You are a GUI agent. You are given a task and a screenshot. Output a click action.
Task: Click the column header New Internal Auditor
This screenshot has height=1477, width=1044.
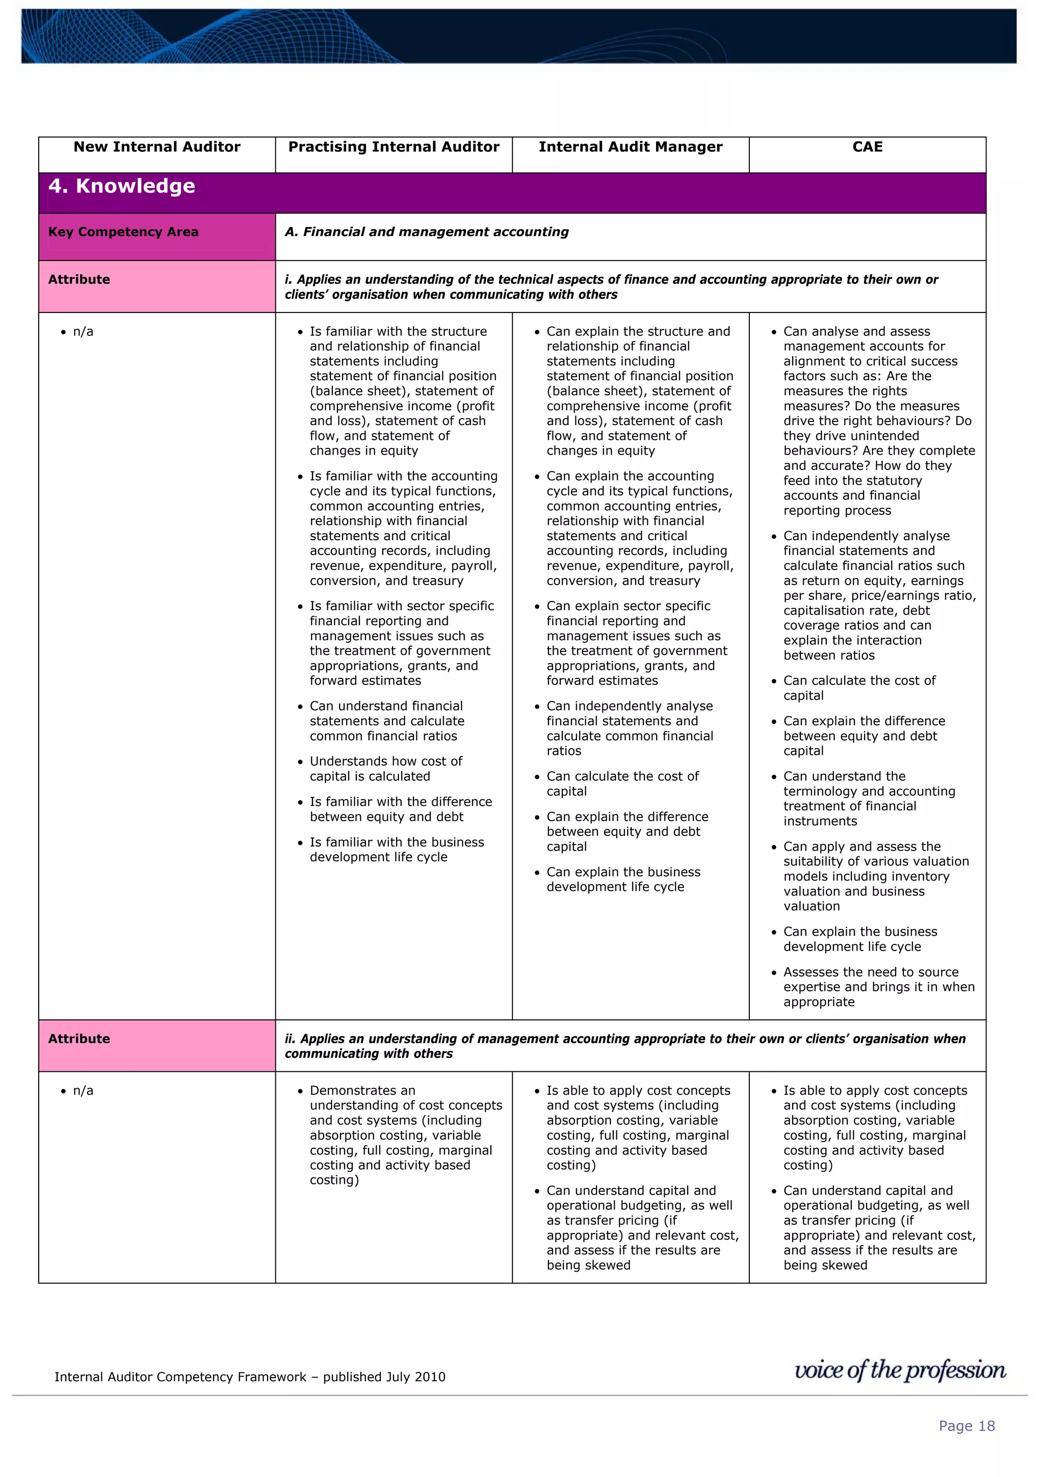click(x=156, y=147)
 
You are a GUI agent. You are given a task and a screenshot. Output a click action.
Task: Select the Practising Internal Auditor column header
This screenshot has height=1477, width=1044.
click(x=394, y=147)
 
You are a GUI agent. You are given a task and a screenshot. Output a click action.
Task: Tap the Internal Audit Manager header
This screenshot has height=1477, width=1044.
click(x=631, y=147)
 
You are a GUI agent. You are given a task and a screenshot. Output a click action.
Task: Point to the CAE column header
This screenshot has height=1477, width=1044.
click(x=867, y=147)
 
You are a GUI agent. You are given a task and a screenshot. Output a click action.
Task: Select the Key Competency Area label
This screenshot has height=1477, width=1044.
click(x=123, y=231)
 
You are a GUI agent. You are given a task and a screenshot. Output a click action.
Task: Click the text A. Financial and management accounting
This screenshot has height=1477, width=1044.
click(x=427, y=231)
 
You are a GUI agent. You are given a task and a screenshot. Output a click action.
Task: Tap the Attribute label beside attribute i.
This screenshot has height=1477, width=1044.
click(x=79, y=279)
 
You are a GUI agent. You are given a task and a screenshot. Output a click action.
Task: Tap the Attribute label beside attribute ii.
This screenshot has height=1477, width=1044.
click(x=79, y=1038)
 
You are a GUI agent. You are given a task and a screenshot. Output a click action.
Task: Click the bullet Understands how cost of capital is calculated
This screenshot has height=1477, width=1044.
click(x=385, y=769)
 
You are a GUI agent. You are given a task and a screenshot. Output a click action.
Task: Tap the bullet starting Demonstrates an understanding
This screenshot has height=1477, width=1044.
click(x=405, y=1135)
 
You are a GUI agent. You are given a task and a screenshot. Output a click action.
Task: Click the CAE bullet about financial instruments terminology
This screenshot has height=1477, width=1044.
click(x=869, y=798)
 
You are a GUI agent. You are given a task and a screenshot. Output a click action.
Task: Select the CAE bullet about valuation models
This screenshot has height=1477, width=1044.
click(x=875, y=876)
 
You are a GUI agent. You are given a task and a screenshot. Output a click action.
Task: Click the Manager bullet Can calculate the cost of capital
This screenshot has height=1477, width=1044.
click(x=622, y=783)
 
